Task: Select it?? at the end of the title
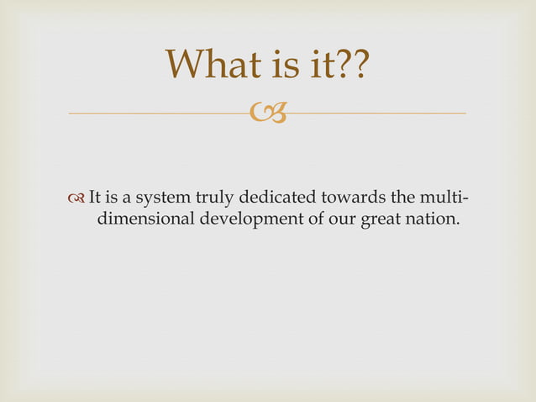pos(331,66)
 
